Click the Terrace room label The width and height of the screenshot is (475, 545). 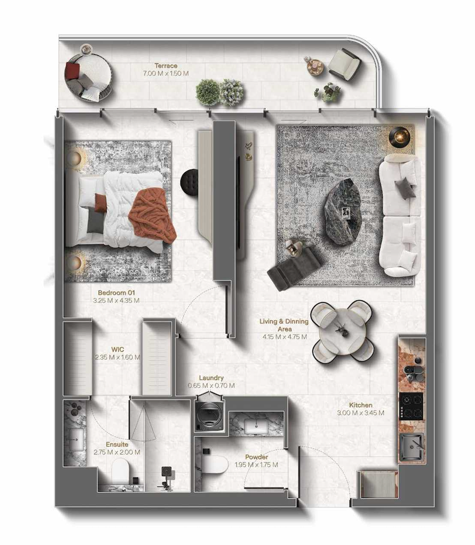pos(166,66)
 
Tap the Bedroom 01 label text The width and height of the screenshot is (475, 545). pos(116,293)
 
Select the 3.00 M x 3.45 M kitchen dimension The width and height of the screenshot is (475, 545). pos(360,413)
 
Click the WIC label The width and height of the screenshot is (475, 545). pos(117,349)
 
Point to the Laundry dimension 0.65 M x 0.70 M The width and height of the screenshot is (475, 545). pos(211,385)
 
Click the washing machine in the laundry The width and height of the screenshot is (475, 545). pos(209,414)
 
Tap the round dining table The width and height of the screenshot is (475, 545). pos(342,331)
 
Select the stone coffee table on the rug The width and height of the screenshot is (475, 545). pos(342,212)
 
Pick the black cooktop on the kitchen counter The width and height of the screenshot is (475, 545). pos(411,406)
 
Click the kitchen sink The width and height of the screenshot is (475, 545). pos(412,447)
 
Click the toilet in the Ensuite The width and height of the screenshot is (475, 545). pos(120,471)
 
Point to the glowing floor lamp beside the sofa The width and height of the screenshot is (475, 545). pos(399,136)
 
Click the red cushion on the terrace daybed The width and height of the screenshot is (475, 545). pos(72,71)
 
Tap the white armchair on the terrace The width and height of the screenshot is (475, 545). pos(345,64)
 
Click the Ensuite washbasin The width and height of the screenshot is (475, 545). pos(76,440)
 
